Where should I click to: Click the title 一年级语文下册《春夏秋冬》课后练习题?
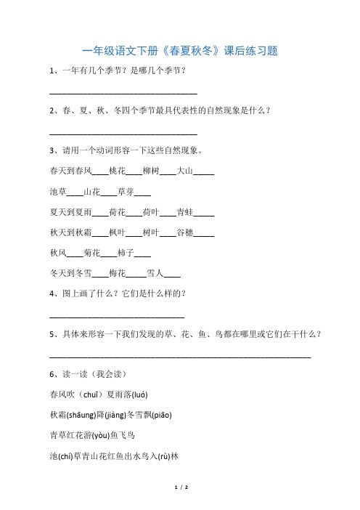click(x=180, y=51)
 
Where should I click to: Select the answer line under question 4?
click(x=117, y=317)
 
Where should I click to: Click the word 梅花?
click(x=116, y=275)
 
